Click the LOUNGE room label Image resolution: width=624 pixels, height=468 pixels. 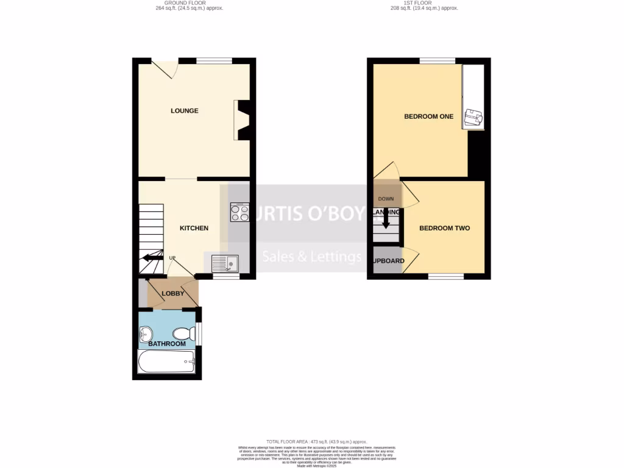point(184,111)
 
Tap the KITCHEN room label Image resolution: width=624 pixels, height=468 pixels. point(194,228)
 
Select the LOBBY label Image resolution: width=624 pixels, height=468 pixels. point(173,293)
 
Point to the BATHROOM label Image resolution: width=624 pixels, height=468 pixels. point(167,344)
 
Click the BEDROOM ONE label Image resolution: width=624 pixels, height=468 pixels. point(428,116)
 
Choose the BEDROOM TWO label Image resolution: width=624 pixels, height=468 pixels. point(444,228)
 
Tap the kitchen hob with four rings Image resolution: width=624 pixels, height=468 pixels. point(239,211)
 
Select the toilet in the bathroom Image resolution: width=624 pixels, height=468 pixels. point(183,333)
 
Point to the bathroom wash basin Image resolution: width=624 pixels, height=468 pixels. point(145,333)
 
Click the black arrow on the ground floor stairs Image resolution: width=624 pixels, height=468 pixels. point(149,258)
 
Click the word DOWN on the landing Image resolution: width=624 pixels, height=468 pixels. point(386,199)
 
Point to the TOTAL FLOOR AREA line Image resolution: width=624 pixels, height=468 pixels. point(316,441)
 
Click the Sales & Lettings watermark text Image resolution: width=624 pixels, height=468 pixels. point(311,257)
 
